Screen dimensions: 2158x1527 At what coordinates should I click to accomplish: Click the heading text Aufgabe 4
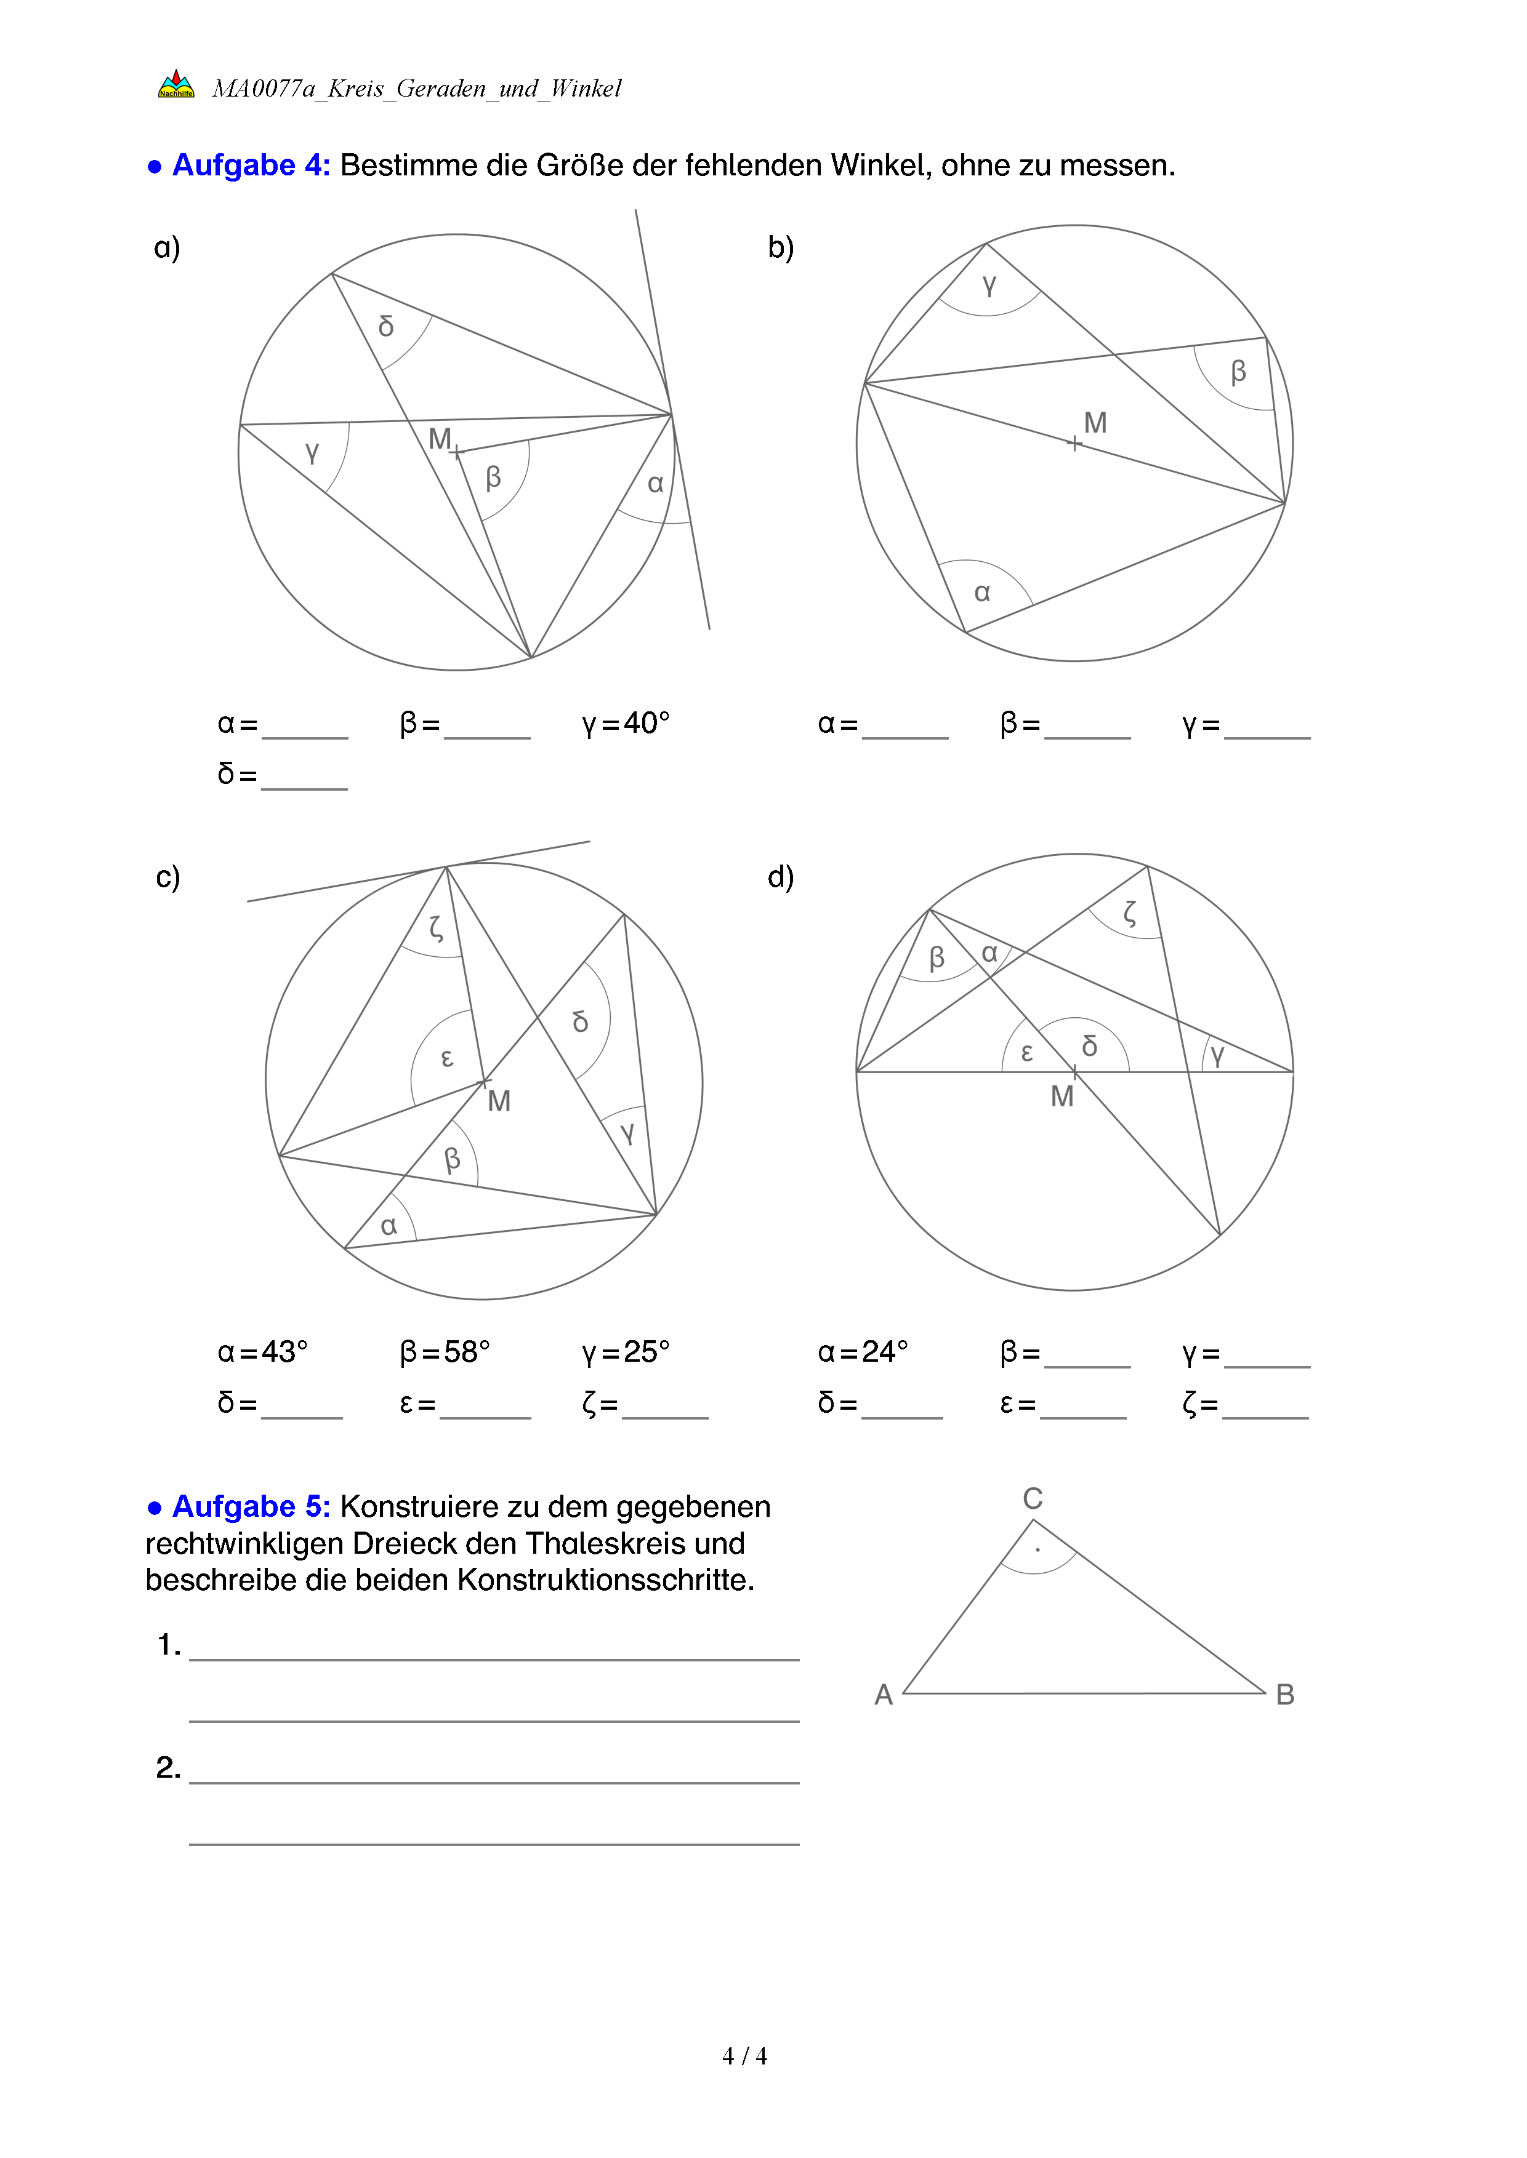pyautogui.click(x=251, y=166)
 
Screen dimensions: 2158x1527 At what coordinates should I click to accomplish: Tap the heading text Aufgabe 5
pyautogui.click(x=251, y=1506)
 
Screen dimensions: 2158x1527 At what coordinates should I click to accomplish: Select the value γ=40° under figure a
pyautogui.click(x=626, y=723)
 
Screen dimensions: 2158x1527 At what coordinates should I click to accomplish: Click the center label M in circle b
pyautogui.click(x=1095, y=422)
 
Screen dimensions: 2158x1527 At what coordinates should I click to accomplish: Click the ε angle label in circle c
pyautogui.click(x=448, y=1058)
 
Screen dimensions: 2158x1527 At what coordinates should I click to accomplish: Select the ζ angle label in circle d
pyautogui.click(x=1129, y=912)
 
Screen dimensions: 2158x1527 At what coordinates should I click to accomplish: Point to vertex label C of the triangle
pyautogui.click(x=1033, y=1498)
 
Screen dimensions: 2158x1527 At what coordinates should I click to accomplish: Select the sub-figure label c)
pyautogui.click(x=167, y=876)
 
